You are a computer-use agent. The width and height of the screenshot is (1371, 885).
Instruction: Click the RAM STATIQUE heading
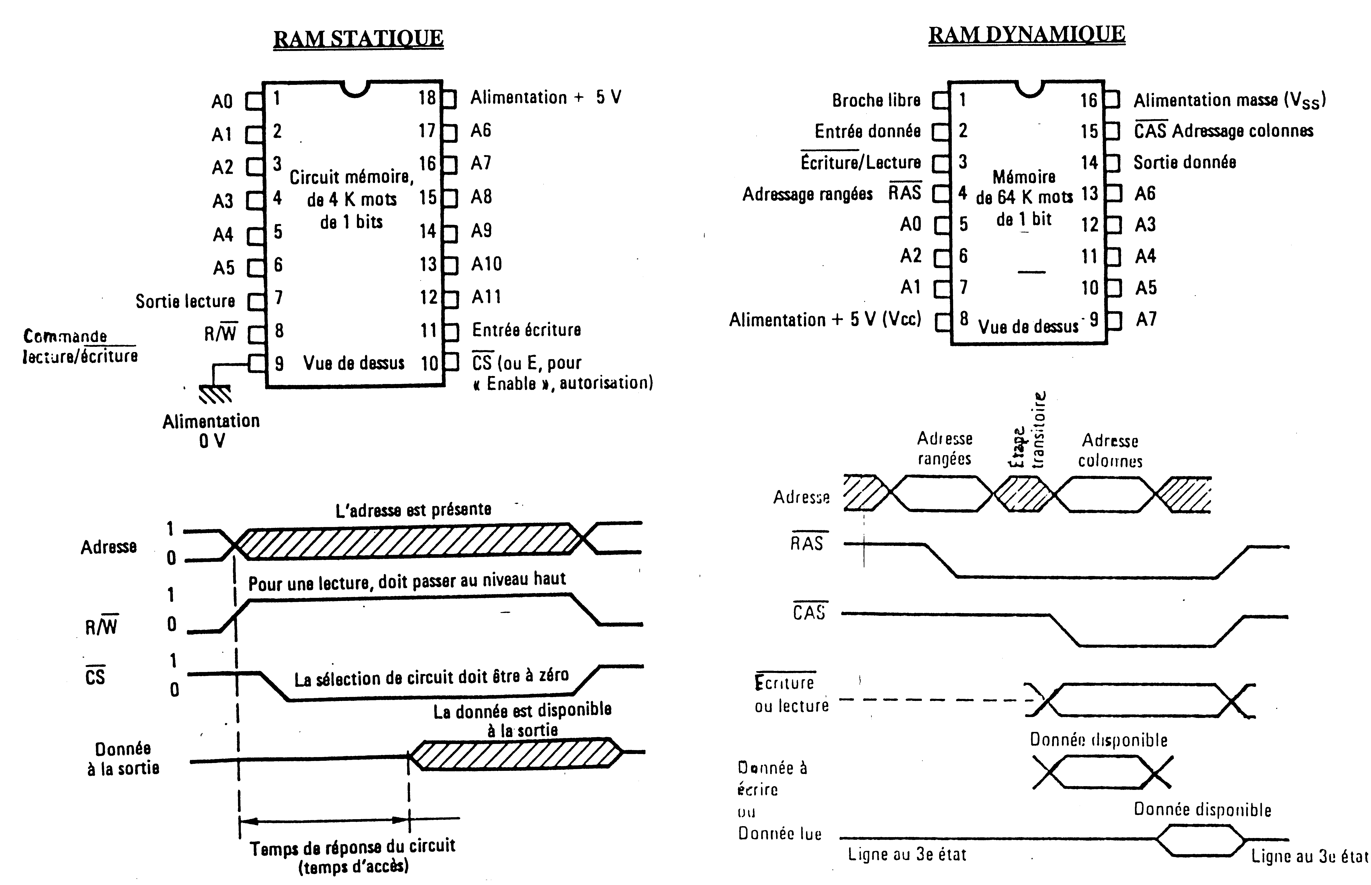pos(358,38)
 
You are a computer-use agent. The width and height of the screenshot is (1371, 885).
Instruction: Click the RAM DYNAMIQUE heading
pos(1026,35)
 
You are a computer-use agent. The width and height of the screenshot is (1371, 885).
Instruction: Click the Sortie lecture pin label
pos(185,301)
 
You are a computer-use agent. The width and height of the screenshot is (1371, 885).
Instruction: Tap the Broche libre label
pos(876,101)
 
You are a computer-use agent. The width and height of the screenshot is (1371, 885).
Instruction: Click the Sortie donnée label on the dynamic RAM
pos(1184,163)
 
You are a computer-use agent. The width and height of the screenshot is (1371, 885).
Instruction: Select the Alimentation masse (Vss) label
pos(1229,101)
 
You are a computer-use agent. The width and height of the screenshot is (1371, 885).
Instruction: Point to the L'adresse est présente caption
pos(413,510)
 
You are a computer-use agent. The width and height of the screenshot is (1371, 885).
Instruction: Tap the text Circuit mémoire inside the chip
pos(351,177)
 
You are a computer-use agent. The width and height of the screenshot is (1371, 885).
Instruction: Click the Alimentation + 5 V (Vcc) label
pos(825,319)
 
